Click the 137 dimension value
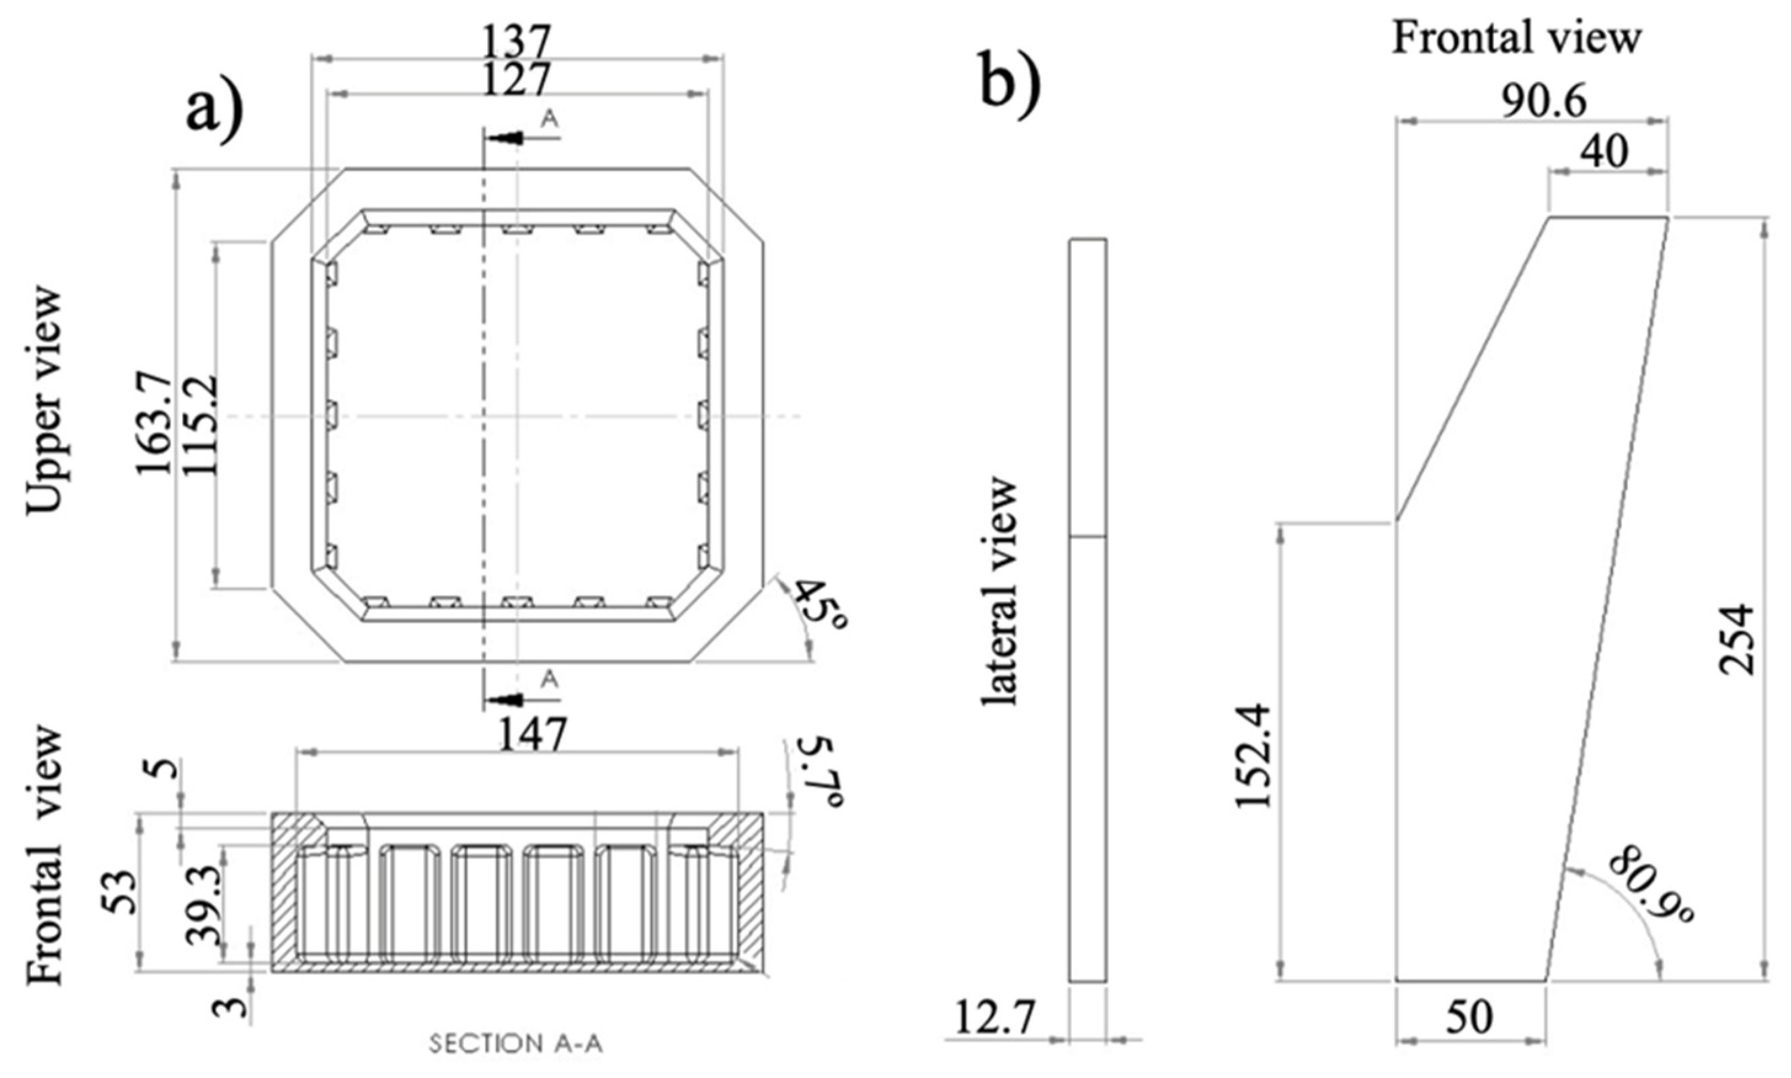point(516,41)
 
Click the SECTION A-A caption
point(516,1044)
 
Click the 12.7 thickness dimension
point(994,1018)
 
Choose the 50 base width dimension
point(1468,1018)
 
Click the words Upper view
point(44,402)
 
